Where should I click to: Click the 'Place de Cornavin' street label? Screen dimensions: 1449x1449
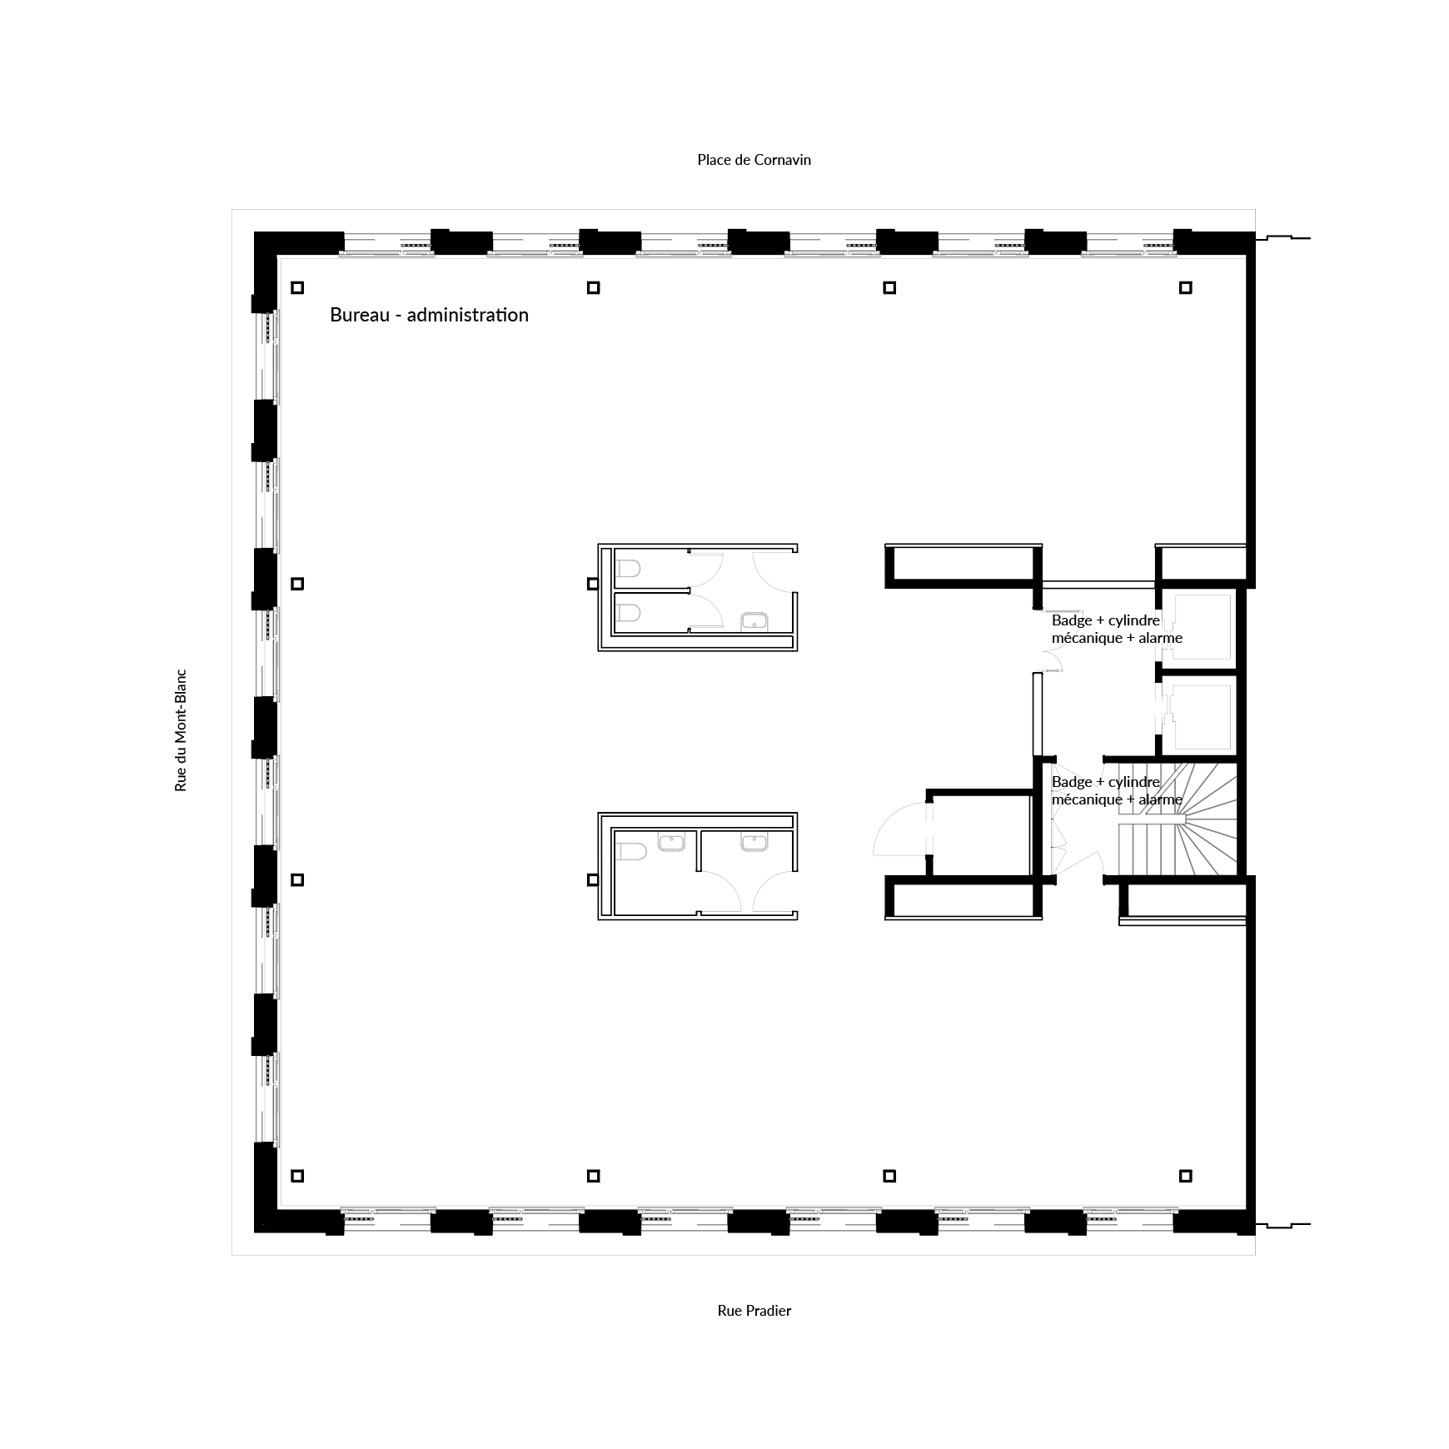coord(754,160)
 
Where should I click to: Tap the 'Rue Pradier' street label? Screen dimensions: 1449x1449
coord(754,1310)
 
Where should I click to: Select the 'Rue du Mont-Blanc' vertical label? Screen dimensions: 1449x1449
coord(181,730)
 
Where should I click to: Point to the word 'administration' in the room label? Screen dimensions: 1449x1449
coord(467,315)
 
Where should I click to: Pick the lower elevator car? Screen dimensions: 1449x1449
coord(1202,715)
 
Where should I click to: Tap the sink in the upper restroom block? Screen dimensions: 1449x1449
coord(754,620)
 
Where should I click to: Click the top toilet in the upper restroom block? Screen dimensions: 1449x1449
coord(629,569)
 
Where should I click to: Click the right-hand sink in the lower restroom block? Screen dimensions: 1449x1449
coord(754,843)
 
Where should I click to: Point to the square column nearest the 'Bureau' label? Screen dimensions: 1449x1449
coord(297,288)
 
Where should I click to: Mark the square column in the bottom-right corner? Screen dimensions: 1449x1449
coord(1185,1176)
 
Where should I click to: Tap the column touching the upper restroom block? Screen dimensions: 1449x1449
coord(593,584)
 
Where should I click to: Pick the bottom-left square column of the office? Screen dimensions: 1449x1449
coord(297,1176)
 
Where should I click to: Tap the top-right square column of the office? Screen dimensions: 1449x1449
coord(1185,288)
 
